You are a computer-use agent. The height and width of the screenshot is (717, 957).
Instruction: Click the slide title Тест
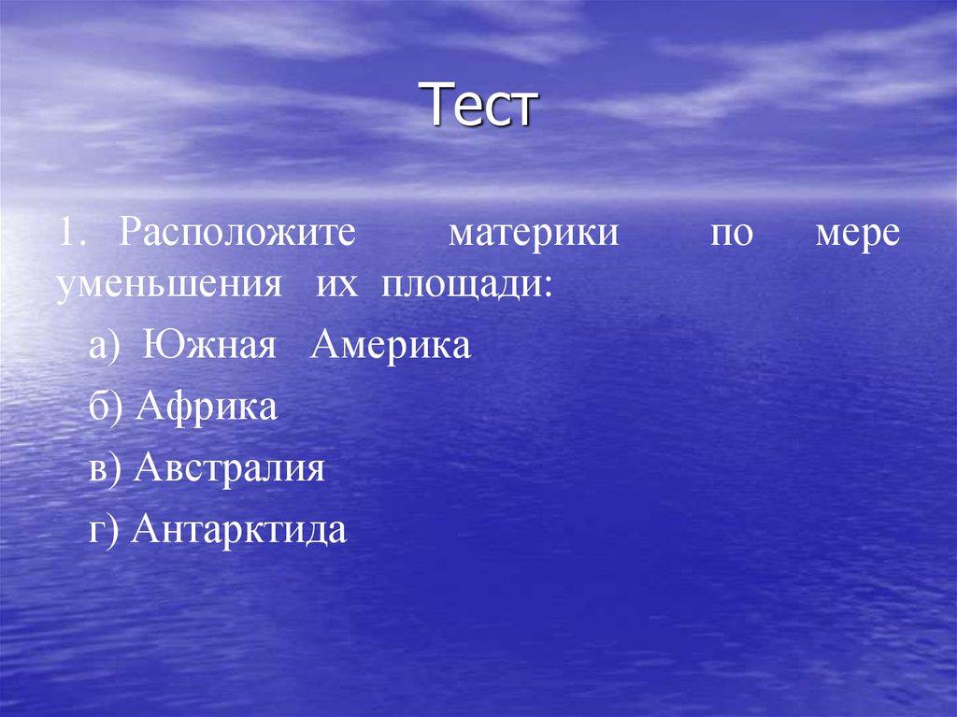[484, 106]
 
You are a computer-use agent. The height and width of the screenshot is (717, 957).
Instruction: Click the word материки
[534, 233]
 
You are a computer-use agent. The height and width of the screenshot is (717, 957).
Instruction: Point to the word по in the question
[730, 234]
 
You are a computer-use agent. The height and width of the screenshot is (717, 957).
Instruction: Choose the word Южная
[210, 347]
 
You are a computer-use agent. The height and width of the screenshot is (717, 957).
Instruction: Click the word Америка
[391, 347]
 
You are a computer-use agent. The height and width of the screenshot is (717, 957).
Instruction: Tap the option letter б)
[106, 409]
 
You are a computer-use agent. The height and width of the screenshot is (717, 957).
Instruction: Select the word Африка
[207, 408]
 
